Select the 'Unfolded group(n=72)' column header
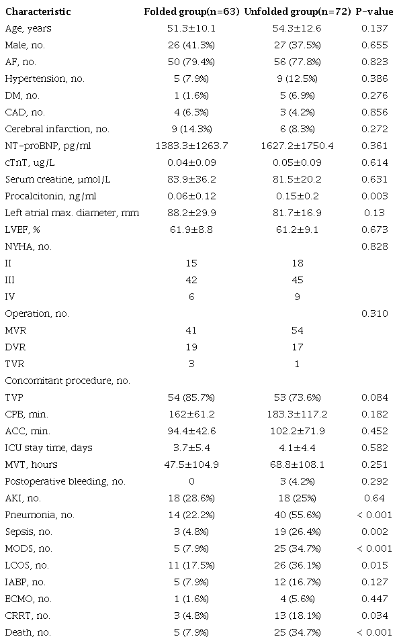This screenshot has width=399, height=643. click(296, 12)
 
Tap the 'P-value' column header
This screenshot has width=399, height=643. click(373, 12)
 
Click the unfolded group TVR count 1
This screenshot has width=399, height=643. click(296, 364)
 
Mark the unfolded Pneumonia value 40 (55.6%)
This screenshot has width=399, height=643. click(296, 515)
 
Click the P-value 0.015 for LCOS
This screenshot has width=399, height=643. click(373, 565)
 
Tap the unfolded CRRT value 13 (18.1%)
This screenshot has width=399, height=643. click(296, 615)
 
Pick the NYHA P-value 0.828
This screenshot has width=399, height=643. click(373, 246)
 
